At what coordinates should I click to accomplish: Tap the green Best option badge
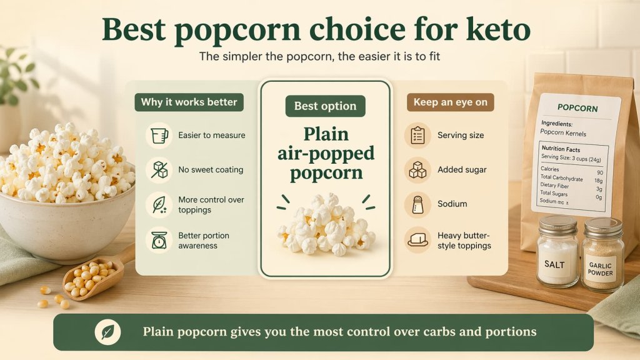[325, 106]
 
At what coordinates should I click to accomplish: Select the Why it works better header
[189, 102]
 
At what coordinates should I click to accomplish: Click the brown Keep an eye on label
[450, 102]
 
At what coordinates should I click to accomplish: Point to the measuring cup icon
[159, 135]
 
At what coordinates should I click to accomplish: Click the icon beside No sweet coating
[159, 169]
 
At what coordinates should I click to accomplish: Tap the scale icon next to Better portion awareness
[159, 240]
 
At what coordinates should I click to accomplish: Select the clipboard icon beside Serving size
[417, 135]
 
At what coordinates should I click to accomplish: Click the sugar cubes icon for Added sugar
[417, 169]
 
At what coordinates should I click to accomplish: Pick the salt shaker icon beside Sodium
[417, 204]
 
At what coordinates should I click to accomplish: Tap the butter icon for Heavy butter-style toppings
[417, 240]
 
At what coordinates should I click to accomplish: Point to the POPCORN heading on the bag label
[577, 108]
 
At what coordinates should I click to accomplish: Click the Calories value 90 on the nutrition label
[599, 172]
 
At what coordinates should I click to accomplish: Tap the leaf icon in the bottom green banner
[107, 332]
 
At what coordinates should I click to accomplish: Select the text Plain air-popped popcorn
[325, 153]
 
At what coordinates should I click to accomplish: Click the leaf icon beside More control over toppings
[159, 204]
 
